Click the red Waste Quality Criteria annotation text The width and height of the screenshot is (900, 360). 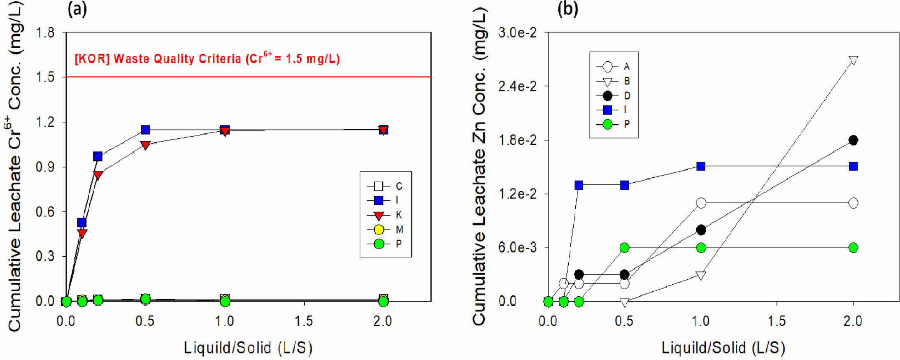click(x=207, y=59)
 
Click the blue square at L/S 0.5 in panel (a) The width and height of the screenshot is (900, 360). click(x=145, y=130)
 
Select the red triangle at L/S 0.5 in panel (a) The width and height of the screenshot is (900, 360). click(x=145, y=145)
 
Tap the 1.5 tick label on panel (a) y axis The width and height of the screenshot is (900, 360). click(x=45, y=77)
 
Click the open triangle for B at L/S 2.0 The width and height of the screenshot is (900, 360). click(x=853, y=60)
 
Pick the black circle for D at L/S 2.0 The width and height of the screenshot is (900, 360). click(x=853, y=140)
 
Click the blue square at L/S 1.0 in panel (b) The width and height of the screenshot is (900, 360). click(x=701, y=166)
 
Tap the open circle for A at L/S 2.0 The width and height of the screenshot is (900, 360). click(x=853, y=203)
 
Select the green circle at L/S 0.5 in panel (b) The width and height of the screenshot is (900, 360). click(x=624, y=248)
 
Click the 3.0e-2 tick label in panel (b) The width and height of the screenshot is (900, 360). click(x=517, y=33)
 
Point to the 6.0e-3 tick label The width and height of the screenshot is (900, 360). click(x=517, y=248)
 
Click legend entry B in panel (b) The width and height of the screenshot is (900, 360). click(x=613, y=81)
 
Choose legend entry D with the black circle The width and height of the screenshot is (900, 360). click(x=613, y=96)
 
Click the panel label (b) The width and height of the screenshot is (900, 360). click(x=567, y=9)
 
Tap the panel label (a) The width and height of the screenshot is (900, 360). click(x=77, y=9)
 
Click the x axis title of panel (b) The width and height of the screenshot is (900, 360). click(x=723, y=348)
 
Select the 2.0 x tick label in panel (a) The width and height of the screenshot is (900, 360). click(x=383, y=321)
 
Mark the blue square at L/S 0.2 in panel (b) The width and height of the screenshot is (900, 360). click(x=579, y=185)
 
